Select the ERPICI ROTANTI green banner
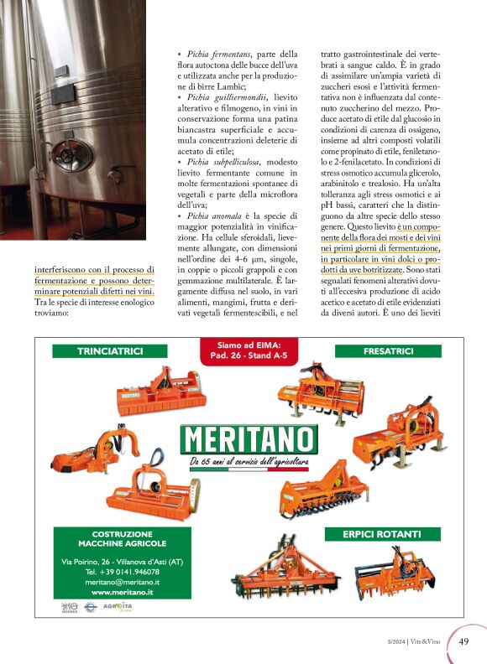382,534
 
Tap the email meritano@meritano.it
123,582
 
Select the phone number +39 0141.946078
123,571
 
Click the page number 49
463,641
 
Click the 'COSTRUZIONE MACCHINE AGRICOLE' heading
123,538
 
